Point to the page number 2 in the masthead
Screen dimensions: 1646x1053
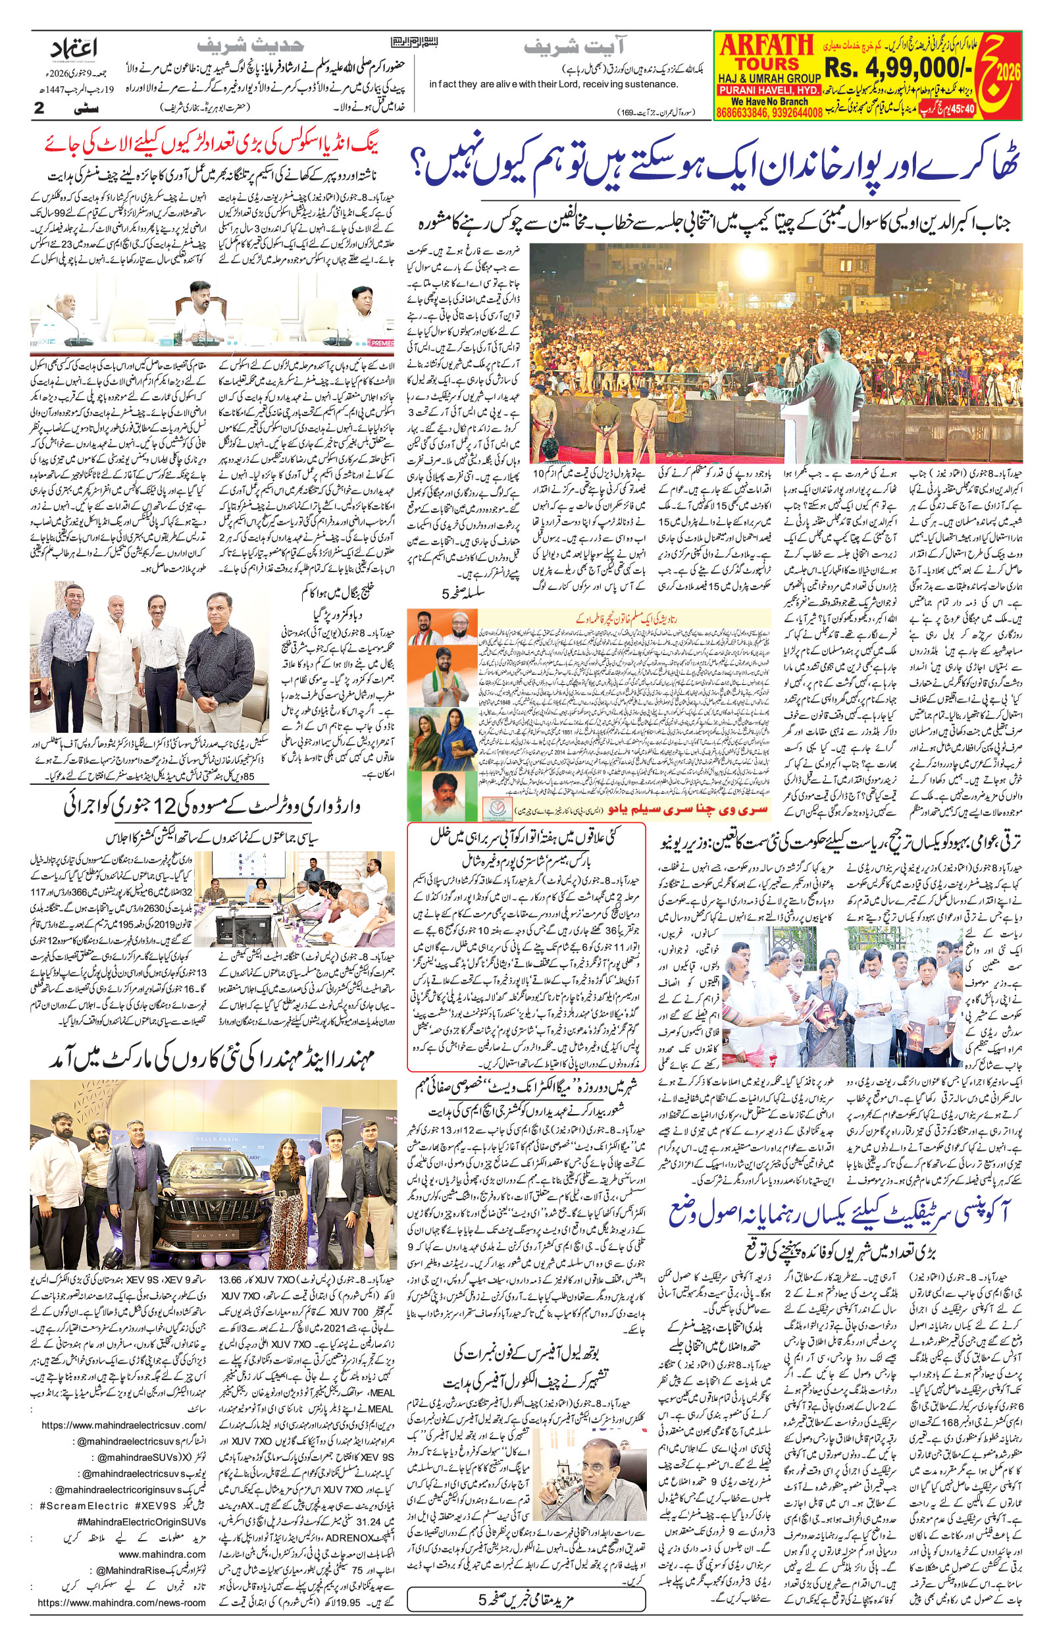(39, 108)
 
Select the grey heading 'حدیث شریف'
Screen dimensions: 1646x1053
(249, 46)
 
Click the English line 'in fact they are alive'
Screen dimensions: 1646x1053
(552, 84)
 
